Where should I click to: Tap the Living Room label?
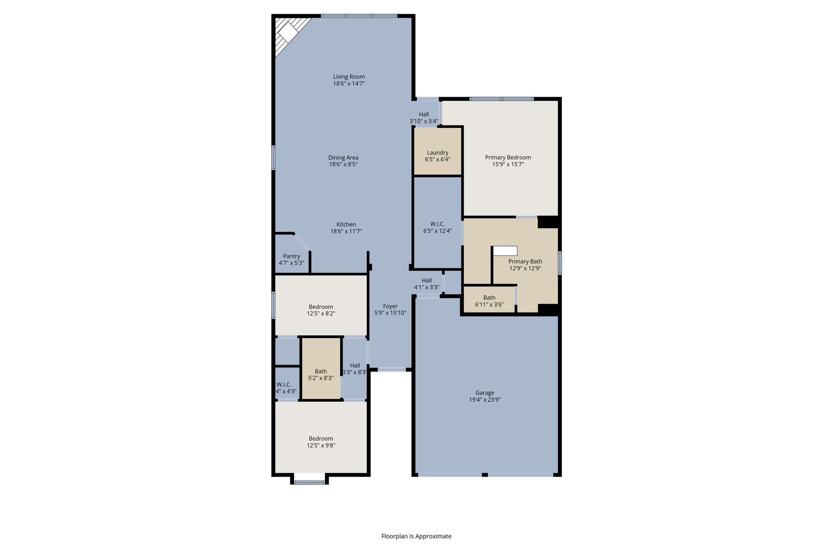click(349, 77)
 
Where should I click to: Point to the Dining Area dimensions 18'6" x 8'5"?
click(343, 165)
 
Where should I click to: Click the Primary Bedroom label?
click(508, 157)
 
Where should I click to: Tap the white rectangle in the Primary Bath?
click(505, 251)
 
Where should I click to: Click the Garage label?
click(484, 393)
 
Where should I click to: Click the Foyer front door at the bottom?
click(391, 370)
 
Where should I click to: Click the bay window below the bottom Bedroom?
click(309, 483)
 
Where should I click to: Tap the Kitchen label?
click(346, 224)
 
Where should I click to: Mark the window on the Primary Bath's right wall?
click(560, 263)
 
